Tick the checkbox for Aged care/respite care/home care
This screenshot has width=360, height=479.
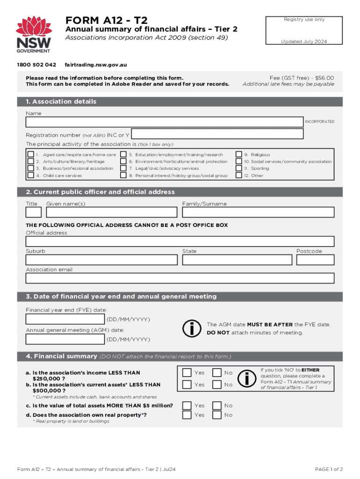[30, 155]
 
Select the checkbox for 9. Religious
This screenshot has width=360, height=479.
[238, 155]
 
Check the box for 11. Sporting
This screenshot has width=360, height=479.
[238, 168]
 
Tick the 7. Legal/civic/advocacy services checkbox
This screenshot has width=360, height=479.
[123, 168]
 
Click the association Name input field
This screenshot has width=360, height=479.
[164, 122]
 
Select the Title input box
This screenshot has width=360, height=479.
[33, 212]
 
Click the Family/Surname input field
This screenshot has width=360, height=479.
[258, 212]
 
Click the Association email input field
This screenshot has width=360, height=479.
[180, 278]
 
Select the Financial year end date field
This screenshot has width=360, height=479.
[65, 319]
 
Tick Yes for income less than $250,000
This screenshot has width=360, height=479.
[187, 373]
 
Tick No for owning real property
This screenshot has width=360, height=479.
[217, 415]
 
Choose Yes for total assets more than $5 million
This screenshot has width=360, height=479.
[187, 406]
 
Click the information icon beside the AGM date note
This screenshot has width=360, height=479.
[192, 328]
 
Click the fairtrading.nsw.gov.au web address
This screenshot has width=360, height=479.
[96, 65]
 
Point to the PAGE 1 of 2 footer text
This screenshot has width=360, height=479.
[329, 469]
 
